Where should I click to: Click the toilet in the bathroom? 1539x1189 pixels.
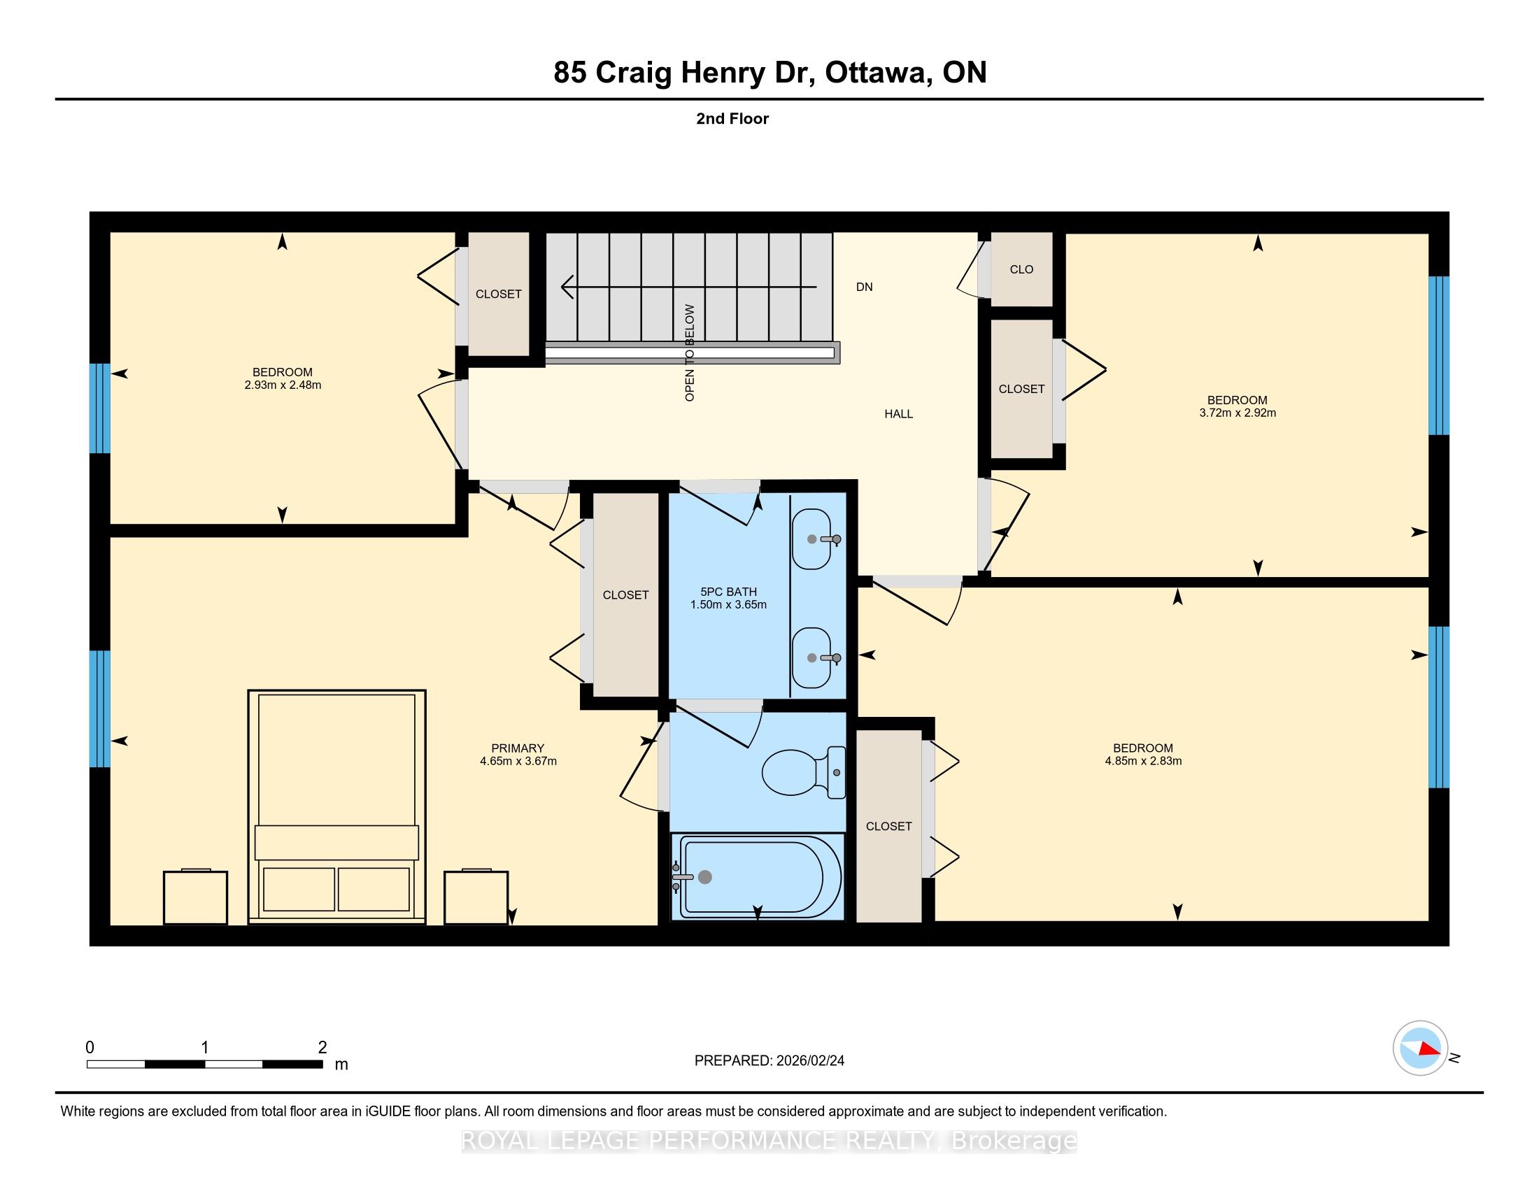point(803,772)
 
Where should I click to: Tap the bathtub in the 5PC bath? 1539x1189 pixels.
point(758,877)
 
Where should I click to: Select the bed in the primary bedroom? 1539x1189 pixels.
point(337,806)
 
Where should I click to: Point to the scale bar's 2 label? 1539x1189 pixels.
point(322,1048)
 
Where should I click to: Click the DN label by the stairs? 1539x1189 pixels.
point(865,287)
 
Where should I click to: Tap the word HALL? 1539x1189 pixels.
point(898,414)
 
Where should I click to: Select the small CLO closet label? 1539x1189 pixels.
point(1022,269)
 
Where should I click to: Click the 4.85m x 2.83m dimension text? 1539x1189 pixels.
point(1143,761)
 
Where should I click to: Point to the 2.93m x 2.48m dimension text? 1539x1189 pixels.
point(283,385)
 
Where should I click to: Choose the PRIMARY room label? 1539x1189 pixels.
point(518,748)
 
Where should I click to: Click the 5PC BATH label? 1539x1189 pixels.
point(729,592)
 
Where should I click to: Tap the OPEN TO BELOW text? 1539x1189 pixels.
point(690,353)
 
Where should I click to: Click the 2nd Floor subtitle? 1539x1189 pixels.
point(732,118)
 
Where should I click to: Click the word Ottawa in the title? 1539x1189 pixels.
point(876,73)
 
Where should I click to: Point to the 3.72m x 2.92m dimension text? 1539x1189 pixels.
point(1237,413)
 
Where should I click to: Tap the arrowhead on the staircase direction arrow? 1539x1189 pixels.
point(567,287)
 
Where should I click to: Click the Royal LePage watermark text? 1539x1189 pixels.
point(769,1141)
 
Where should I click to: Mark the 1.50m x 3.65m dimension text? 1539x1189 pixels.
point(729,604)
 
